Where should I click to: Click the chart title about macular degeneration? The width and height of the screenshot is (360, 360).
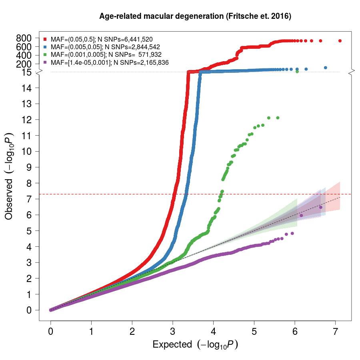(196, 17)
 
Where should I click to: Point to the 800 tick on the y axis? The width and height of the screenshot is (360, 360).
(24, 38)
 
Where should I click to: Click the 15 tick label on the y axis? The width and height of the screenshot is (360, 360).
(27, 72)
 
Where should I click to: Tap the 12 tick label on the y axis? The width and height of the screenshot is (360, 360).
(27, 120)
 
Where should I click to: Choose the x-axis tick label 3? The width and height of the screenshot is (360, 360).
(173, 332)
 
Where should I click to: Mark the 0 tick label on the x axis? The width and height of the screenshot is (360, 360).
(50, 332)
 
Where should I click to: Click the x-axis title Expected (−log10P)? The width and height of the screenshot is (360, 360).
(195, 344)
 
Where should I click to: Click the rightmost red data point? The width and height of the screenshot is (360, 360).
(340, 41)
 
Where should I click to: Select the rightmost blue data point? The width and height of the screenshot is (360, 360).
(326, 68)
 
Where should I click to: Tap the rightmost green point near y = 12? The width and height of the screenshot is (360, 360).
(278, 118)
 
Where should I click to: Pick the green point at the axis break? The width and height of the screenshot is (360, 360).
(297, 72)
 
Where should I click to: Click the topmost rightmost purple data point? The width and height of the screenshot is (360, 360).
(320, 207)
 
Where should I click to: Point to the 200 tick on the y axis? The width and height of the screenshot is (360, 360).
(24, 64)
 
